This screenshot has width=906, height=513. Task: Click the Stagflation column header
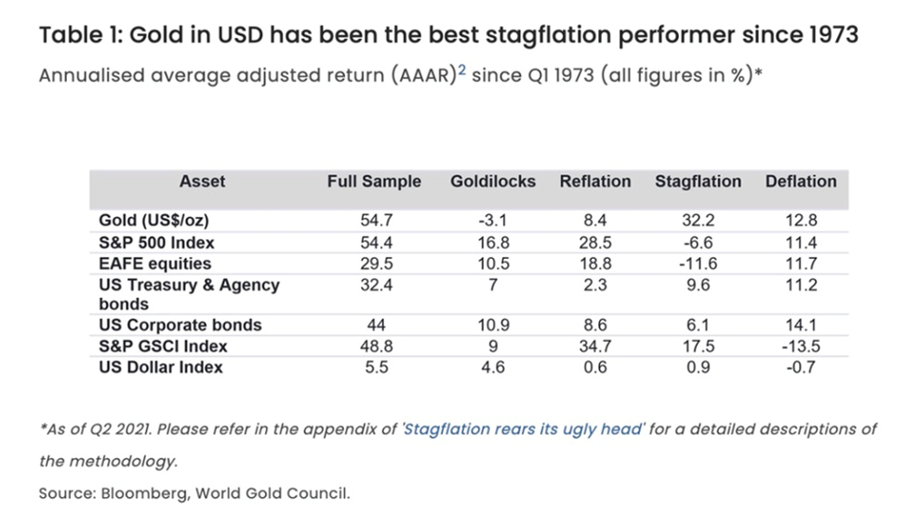(698, 182)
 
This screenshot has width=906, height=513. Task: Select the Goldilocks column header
(493, 182)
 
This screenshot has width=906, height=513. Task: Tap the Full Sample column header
(374, 182)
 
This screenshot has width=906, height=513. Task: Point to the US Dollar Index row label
(161, 367)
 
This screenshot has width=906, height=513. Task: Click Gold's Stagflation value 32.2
(698, 222)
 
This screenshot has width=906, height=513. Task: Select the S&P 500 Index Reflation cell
(595, 243)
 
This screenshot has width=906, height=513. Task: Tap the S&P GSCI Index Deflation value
(801, 346)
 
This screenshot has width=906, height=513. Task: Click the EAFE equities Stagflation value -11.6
(698, 263)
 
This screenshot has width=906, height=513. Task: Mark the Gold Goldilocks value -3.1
(493, 222)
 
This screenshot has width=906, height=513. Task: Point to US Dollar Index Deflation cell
(801, 367)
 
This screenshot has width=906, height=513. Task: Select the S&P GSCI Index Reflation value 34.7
(595, 346)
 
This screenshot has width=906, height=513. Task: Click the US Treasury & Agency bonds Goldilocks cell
(493, 285)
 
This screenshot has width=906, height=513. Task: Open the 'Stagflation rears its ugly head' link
(524, 429)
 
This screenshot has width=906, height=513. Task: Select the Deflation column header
(801, 182)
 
